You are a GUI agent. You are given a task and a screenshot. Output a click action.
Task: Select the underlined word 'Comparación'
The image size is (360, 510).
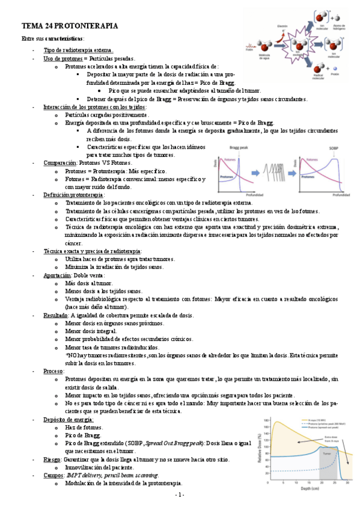pyautogui.click(x=60, y=162)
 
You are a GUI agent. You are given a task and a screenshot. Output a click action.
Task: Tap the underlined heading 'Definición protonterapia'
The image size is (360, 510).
pyautogui.click(x=73, y=195)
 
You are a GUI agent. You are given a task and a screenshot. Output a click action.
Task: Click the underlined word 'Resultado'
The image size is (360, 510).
pyautogui.click(x=56, y=315)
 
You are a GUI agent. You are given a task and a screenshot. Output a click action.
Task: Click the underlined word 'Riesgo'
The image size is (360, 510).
pyautogui.click(x=52, y=459)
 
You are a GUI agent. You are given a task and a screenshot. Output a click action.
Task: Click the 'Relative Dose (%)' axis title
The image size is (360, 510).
pyautogui.click(x=260, y=452)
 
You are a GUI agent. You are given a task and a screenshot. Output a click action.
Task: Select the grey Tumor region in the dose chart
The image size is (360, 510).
pyautogui.click(x=328, y=463)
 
